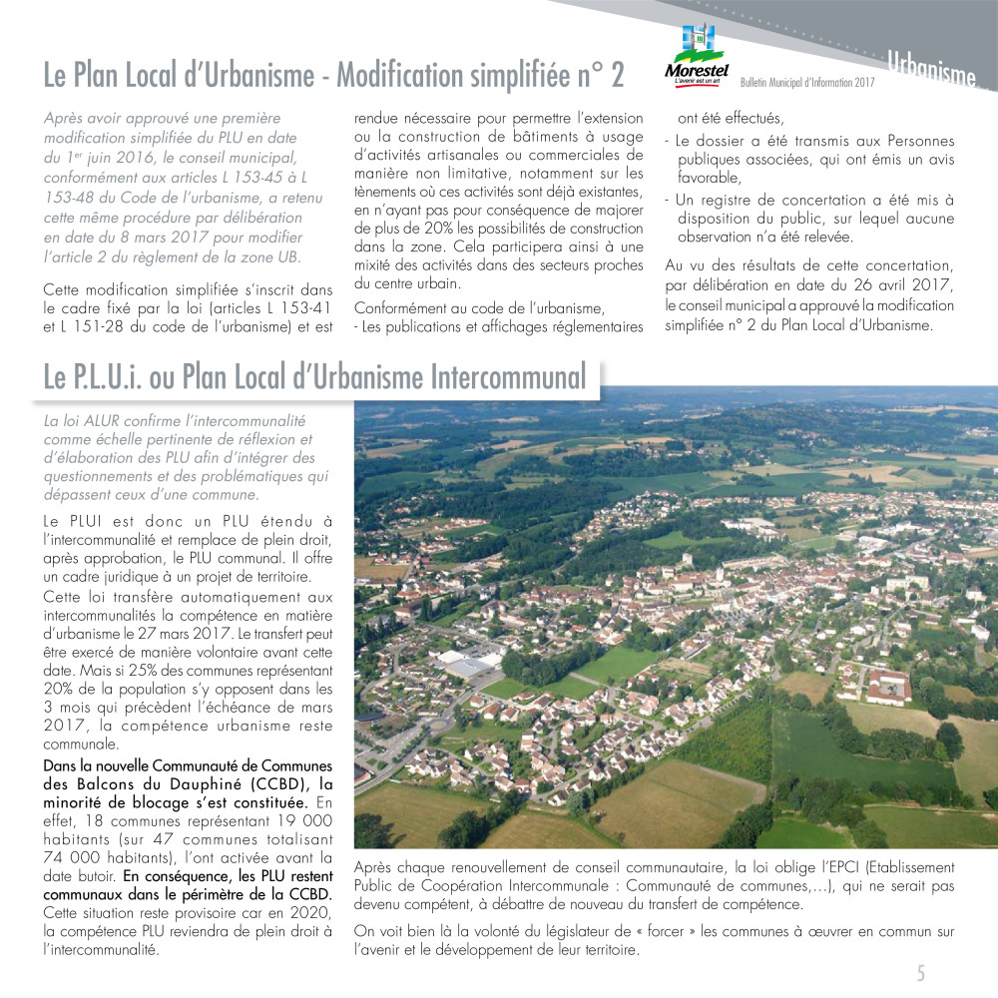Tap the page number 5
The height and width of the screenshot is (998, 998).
tap(921, 973)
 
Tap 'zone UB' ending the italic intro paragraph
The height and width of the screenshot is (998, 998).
tap(259, 257)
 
